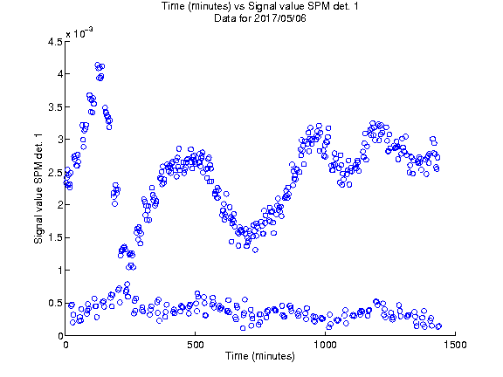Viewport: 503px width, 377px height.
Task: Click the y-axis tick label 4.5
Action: (x=55, y=42)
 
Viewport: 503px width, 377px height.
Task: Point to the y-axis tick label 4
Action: (x=59, y=74)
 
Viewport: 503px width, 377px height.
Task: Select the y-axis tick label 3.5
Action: (x=55, y=106)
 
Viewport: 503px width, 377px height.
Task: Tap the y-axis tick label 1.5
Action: (x=55, y=237)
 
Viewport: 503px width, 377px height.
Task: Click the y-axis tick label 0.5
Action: (x=55, y=303)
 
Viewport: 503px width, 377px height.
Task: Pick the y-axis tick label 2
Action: (x=59, y=205)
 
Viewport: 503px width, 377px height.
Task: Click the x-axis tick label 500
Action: (x=196, y=345)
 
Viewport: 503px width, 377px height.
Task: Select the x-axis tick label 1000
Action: (x=325, y=345)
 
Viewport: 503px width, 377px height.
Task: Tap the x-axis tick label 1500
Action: (x=455, y=345)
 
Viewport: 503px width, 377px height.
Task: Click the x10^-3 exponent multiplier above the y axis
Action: (x=79, y=32)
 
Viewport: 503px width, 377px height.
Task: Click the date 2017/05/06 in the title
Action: (x=279, y=18)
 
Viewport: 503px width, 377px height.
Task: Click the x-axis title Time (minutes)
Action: (x=260, y=356)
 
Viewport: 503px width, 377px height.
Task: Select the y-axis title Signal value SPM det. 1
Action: (x=38, y=188)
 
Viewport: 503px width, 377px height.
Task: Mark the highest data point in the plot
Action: (x=98, y=65)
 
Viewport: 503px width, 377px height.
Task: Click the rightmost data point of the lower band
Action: (x=439, y=326)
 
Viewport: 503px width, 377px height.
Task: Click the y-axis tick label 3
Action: (x=59, y=140)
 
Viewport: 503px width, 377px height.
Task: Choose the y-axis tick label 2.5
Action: (x=55, y=172)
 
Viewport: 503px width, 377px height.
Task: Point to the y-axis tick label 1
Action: (x=59, y=271)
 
